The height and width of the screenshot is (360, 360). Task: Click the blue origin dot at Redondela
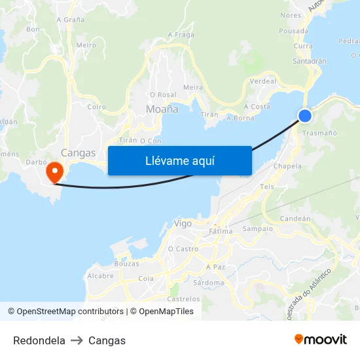305,116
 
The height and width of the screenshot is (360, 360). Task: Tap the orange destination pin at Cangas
53,172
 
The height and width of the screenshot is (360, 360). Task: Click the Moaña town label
162,109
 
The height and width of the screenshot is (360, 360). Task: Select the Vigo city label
183,223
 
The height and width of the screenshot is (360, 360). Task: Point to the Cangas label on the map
78,153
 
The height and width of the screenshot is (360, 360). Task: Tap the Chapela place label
289,166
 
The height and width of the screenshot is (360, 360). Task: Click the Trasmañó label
321,133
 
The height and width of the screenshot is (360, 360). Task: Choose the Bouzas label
126,264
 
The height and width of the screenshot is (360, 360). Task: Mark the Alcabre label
101,276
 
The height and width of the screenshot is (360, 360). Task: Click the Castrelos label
183,299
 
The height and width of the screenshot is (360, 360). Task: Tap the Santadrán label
310,61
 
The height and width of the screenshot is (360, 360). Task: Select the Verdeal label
263,82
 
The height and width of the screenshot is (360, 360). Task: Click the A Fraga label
181,35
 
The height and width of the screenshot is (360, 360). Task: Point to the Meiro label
86,45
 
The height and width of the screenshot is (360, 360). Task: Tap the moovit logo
321,340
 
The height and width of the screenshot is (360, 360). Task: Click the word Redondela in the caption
39,340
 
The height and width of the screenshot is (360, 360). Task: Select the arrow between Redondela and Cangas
77,340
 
